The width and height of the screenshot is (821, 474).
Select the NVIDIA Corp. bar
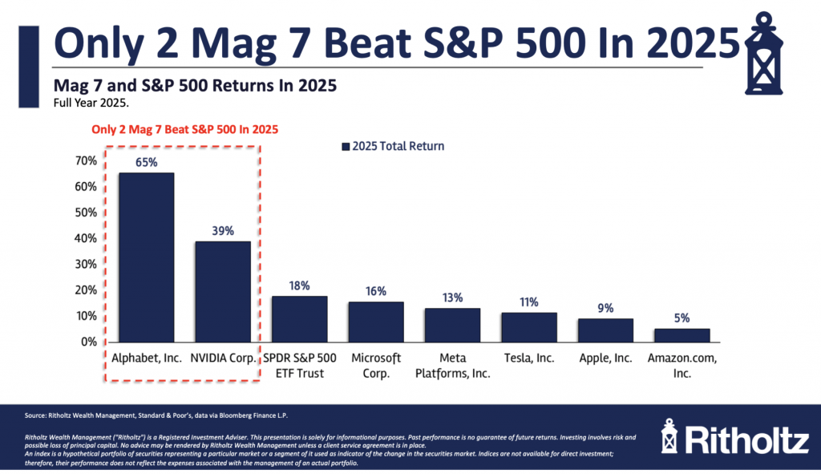[x=223, y=291]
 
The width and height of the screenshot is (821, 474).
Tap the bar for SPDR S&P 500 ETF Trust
[x=299, y=318]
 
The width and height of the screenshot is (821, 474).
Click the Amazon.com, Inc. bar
[x=681, y=334]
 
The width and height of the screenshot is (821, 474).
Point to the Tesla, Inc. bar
[x=529, y=326]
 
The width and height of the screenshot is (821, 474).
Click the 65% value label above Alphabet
[x=146, y=162]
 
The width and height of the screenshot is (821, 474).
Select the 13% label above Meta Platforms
[x=452, y=298]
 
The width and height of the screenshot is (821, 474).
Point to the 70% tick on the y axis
[x=86, y=161]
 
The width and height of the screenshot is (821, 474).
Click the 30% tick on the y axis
[x=86, y=264]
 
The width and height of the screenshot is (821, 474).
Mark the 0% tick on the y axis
[x=89, y=342]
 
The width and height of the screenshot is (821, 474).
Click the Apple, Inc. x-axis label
[x=605, y=358]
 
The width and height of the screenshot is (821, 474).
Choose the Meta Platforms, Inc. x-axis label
[x=452, y=365]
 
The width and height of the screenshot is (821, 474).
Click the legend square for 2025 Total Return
[x=346, y=147]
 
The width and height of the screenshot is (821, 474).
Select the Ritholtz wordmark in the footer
[x=742, y=440]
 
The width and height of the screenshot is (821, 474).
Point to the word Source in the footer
[x=36, y=415]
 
